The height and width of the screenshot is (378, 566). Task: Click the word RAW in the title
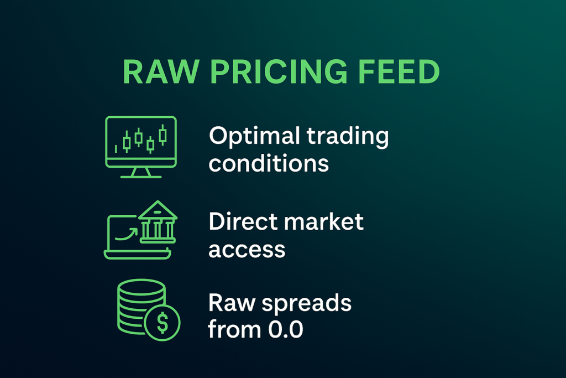coord(161,71)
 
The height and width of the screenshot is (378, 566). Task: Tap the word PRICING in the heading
coord(279,71)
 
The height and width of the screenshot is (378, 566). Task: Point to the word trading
coord(348,137)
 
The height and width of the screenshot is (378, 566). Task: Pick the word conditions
coord(269,163)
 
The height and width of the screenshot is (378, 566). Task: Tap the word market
coord(324,221)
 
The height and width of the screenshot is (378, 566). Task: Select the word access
coord(247,250)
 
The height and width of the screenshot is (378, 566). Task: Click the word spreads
coord(306,304)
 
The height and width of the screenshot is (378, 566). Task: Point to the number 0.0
coord(286,329)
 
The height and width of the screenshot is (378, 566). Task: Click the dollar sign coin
coord(163,322)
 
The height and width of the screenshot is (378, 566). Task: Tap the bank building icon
coord(158,222)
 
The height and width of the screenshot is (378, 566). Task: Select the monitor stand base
coord(141,177)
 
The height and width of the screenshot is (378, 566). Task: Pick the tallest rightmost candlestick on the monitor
coord(163,135)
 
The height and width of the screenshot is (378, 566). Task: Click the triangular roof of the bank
coord(158,210)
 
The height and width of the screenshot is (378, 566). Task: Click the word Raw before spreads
coord(232,303)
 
